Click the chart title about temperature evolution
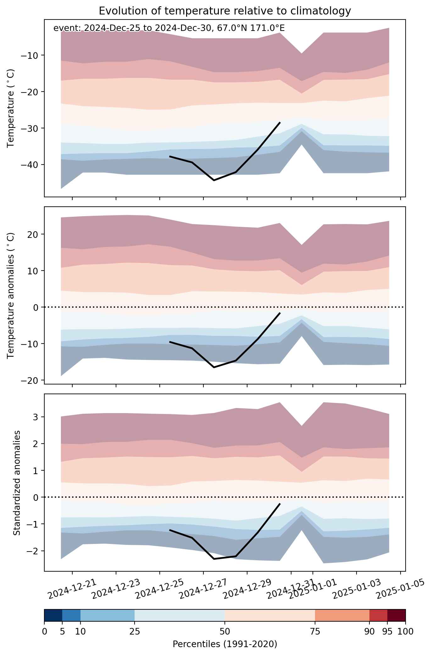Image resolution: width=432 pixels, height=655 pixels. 225,11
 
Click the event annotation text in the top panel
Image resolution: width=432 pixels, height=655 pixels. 169,28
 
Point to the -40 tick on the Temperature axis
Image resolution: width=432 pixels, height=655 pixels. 31,165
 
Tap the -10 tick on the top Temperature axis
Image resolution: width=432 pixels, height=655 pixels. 31,55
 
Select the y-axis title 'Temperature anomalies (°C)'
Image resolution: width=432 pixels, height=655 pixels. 11,295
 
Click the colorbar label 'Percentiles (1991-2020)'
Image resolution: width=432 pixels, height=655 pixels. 225,644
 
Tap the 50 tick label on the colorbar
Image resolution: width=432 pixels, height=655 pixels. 225,631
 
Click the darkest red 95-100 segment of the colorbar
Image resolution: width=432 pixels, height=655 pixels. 396,615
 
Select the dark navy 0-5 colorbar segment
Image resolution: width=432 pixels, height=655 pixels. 53,615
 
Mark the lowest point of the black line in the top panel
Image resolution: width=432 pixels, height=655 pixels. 214,180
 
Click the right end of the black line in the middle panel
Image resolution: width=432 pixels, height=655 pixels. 280,313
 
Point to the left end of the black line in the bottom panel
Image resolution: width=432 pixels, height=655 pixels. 170,530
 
